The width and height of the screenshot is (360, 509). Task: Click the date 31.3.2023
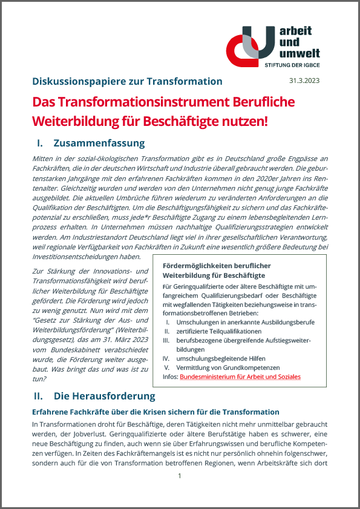tap(306, 81)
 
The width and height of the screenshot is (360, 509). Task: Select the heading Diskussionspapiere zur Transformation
tap(127, 81)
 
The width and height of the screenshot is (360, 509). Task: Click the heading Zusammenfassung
tap(99, 143)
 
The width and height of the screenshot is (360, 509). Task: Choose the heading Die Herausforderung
tap(104, 396)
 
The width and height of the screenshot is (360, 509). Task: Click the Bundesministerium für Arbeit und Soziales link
tap(240, 376)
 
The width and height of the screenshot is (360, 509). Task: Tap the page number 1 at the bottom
tap(180, 476)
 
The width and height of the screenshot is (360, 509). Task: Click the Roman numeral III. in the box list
tap(168, 341)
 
